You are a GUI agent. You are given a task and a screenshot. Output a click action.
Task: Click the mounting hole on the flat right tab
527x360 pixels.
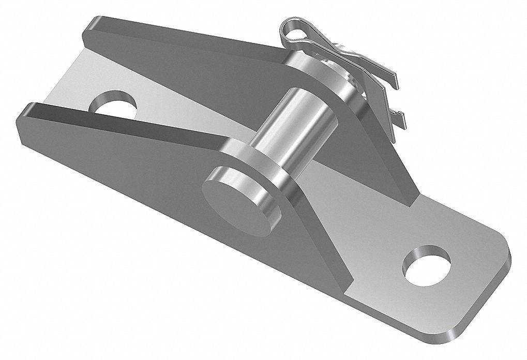(426, 265)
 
